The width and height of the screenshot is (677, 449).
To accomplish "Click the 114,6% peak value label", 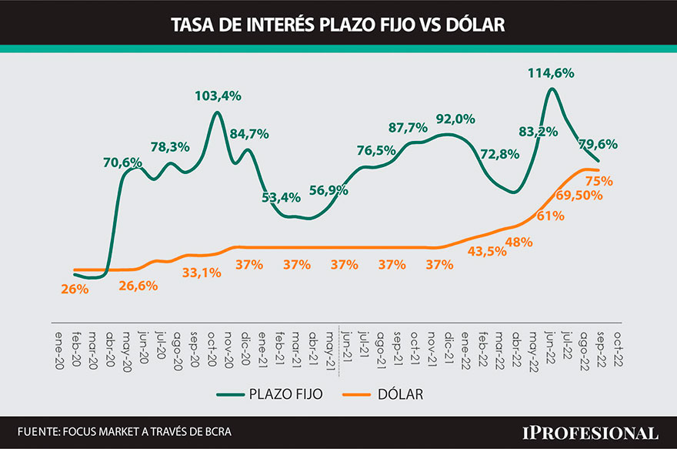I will point(552,73).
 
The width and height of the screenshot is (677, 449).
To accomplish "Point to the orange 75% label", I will point(599,181).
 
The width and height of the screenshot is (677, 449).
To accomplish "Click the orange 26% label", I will point(75,290).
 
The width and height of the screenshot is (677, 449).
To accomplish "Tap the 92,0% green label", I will point(455,119).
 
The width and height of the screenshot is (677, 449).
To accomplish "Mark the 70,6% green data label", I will point(122,163).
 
